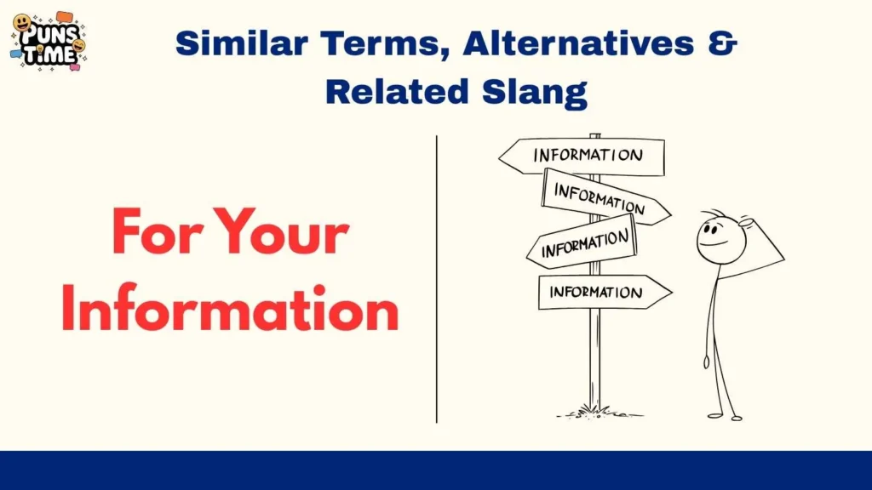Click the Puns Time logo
[x=49, y=41]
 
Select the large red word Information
[x=230, y=309]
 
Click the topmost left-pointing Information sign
[x=582, y=156]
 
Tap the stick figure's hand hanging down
[x=706, y=362]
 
